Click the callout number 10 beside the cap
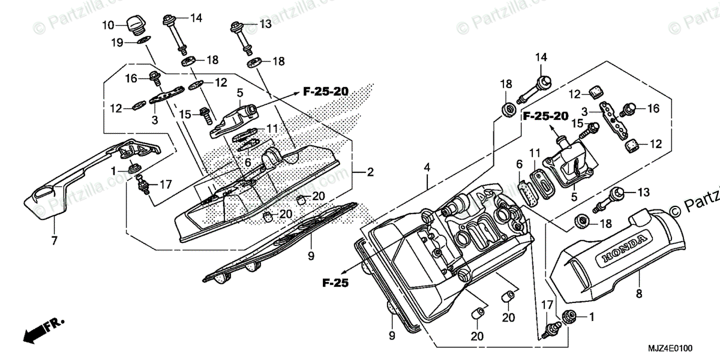click(x=107, y=25)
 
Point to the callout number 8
click(x=639, y=293)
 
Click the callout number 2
click(x=370, y=173)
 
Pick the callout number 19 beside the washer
click(x=116, y=43)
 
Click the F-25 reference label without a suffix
click(x=335, y=282)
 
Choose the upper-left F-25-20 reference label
click(x=325, y=92)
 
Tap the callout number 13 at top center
click(x=265, y=23)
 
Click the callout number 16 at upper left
click(x=131, y=78)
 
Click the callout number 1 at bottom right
click(x=592, y=316)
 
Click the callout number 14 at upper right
click(x=541, y=58)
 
